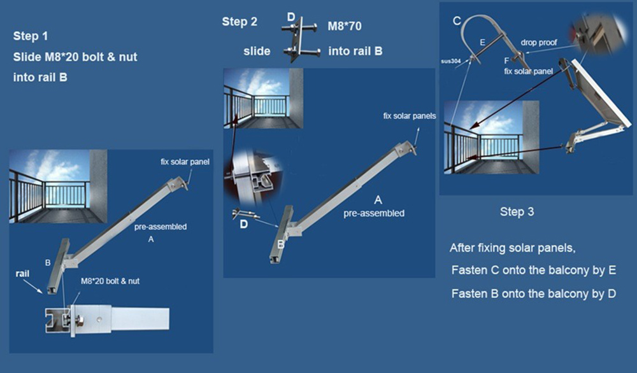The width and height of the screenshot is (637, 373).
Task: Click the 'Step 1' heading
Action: tap(31, 36)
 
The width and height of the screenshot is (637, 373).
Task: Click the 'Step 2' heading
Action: tap(240, 22)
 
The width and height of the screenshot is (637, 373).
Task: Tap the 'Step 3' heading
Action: tap(517, 211)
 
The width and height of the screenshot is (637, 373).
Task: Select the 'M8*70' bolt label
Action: tap(345, 26)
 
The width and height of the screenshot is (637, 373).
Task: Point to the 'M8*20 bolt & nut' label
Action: tap(110, 281)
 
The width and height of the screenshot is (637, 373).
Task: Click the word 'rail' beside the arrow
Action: tap(22, 274)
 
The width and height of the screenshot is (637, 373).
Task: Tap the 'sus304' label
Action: tap(451, 61)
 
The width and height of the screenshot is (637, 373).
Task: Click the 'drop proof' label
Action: tap(539, 43)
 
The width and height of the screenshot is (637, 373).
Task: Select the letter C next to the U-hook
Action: tap(457, 21)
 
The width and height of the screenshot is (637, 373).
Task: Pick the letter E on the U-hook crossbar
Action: tap(482, 43)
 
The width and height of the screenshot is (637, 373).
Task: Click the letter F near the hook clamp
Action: tap(506, 61)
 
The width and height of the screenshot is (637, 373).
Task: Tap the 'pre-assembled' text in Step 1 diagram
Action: tap(161, 227)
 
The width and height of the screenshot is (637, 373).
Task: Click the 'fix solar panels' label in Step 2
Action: tap(410, 116)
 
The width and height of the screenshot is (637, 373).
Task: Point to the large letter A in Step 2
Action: tap(378, 200)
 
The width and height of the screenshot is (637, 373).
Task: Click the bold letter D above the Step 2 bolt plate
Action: tap(291, 17)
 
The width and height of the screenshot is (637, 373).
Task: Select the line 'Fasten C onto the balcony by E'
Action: tap(533, 271)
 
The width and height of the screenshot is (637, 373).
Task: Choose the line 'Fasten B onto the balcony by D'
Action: tap(533, 293)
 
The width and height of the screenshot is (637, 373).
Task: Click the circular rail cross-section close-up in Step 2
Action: tap(253, 177)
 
